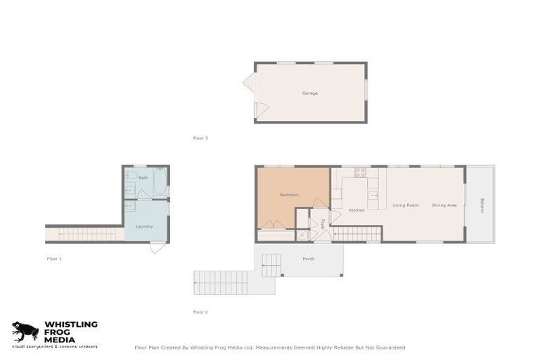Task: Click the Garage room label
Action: (310, 93)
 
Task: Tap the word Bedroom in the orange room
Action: (290, 194)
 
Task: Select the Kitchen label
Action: (357, 210)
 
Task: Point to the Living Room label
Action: (406, 205)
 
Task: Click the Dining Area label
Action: (444, 205)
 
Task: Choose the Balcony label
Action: (482, 205)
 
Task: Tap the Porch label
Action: (309, 259)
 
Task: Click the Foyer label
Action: (323, 225)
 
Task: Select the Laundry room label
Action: (144, 226)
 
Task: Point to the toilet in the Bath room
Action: (131, 175)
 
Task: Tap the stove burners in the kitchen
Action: (360, 172)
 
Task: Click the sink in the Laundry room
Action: (130, 207)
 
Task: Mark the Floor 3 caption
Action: (200, 138)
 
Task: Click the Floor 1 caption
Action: (54, 259)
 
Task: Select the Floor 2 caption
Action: (200, 311)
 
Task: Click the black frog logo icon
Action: (25, 331)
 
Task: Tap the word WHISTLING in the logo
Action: (71, 325)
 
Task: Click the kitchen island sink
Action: (373, 195)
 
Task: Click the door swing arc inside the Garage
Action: (260, 110)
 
